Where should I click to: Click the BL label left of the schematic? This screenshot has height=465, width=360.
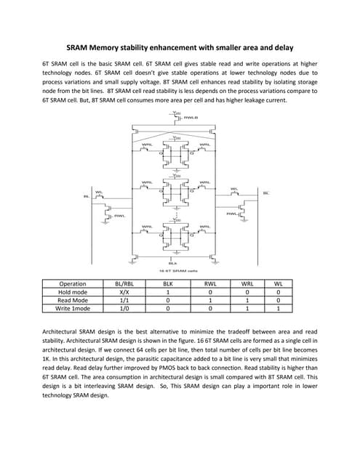click(x=86, y=195)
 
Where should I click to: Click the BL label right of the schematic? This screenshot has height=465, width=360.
click(x=265, y=193)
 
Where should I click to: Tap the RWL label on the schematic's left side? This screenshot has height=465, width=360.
click(x=119, y=215)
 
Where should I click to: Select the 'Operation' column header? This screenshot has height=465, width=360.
click(x=73, y=304)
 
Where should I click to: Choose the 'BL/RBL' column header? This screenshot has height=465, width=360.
click(x=124, y=304)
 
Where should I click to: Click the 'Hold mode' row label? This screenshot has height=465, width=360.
click(x=73, y=312)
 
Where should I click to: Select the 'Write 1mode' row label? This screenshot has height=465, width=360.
click(x=73, y=328)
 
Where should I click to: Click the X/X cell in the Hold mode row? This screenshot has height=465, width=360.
click(x=124, y=312)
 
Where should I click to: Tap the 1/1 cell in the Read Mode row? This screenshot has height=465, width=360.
click(x=124, y=320)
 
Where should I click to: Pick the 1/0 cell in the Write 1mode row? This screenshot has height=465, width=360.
click(x=124, y=328)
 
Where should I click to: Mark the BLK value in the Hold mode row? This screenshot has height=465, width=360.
click(x=168, y=312)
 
